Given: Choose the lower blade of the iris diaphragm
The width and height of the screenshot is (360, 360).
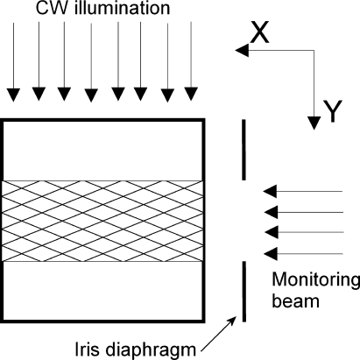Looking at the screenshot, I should click(244, 291).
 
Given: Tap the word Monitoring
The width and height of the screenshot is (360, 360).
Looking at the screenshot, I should click(315, 282).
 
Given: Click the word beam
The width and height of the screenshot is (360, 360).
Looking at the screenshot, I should click(293, 303).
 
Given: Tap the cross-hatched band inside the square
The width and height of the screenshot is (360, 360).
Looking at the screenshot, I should click(103, 221).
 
